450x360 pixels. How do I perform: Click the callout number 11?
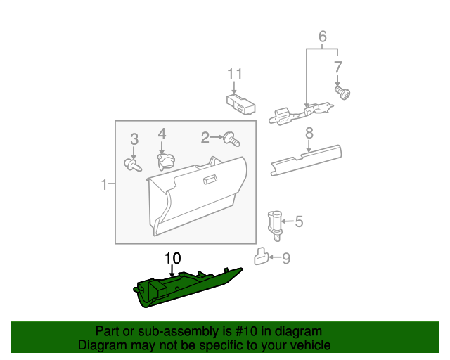click(234, 74)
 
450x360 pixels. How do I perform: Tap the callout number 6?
click(323, 36)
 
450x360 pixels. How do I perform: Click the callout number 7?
click(337, 67)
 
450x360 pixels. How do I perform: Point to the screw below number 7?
click(344, 92)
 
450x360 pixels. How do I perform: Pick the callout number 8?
click(308, 133)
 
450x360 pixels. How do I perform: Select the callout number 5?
click(299, 222)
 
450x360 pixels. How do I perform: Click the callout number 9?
click(285, 258)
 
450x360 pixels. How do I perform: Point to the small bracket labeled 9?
click(262, 257)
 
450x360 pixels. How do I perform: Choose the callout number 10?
click(172, 259)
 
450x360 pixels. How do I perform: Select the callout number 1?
click(103, 185)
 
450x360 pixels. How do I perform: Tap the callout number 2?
click(205, 136)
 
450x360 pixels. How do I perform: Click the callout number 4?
click(161, 134)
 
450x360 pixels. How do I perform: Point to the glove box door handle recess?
click(210, 181)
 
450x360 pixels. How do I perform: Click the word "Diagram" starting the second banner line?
click(99, 345)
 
